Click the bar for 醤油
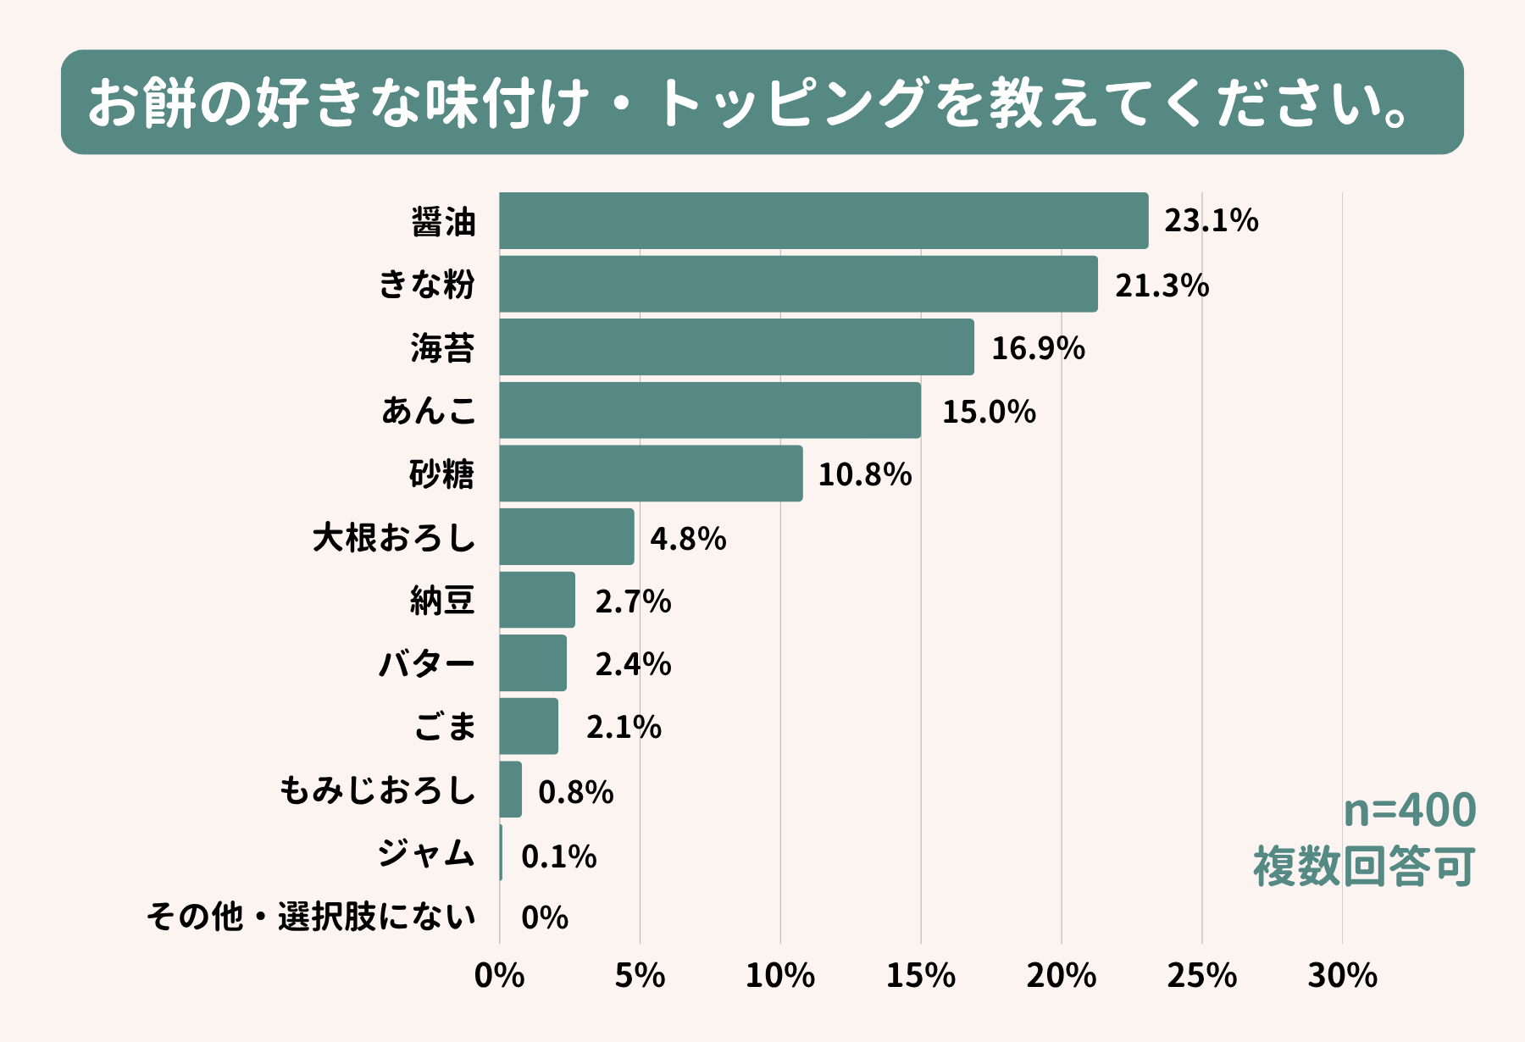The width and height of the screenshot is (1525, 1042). [823, 221]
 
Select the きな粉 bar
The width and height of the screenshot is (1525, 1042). [798, 284]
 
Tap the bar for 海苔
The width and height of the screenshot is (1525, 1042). [736, 347]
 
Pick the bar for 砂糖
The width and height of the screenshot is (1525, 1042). [651, 474]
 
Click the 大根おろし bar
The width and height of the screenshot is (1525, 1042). [567, 537]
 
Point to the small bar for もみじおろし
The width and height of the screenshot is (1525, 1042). [511, 790]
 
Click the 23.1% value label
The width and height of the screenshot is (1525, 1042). [1211, 221]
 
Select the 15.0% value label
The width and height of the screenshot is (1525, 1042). [989, 412]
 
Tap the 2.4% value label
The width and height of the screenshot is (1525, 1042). [633, 664]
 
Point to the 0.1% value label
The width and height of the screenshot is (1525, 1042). [558, 856]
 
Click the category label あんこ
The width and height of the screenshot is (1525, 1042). [429, 411]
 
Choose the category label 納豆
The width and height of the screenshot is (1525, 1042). [442, 601]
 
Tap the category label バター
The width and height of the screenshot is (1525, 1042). [427, 664]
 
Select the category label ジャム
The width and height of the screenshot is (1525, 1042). [426, 853]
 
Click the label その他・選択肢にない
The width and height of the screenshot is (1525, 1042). [311, 917]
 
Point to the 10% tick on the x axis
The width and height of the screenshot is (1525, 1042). [779, 976]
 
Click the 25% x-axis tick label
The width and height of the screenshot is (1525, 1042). [1201, 976]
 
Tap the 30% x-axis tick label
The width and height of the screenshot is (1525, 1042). [1342, 976]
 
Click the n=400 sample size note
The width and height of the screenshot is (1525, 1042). [1410, 810]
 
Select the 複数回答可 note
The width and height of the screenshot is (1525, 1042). [1364, 867]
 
